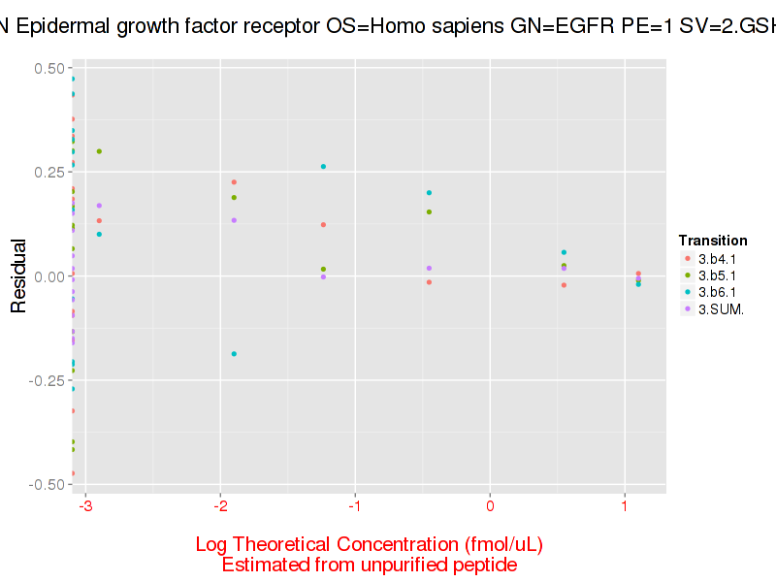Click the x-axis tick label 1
625,506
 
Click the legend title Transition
713,241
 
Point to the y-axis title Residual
18,276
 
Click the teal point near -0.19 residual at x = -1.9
234,354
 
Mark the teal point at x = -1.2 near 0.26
323,167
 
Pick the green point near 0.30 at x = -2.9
99,151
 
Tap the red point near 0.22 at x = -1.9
234,182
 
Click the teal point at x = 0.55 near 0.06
564,252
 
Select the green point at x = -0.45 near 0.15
429,212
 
